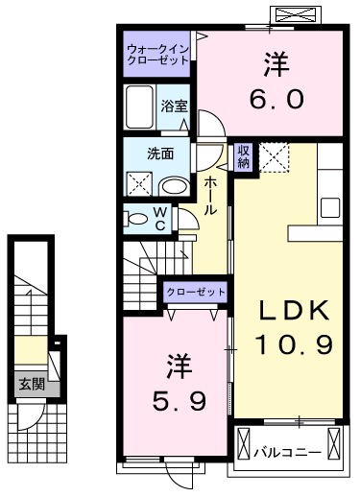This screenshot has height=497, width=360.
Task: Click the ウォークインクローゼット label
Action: click(x=157, y=55)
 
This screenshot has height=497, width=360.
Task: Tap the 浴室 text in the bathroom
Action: click(x=174, y=106)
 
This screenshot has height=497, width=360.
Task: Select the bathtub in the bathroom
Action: click(x=139, y=106)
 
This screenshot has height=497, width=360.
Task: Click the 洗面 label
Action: click(x=160, y=154)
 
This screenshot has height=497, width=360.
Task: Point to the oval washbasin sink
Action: click(x=174, y=186)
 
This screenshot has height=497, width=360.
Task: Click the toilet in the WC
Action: click(x=135, y=219)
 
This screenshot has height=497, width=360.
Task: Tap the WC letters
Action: click(x=160, y=219)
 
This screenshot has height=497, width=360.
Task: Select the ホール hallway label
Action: click(x=210, y=195)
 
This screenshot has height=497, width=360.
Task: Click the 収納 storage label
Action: click(x=243, y=156)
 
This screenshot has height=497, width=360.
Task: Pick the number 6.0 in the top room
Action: click(x=276, y=99)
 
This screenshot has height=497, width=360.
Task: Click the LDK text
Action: click(x=294, y=310)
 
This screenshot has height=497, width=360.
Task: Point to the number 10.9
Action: click(x=294, y=343)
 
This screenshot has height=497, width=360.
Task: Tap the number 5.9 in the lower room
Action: click(x=179, y=401)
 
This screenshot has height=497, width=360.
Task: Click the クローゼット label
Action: click(x=196, y=292)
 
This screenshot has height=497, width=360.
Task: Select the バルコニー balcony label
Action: click(x=287, y=452)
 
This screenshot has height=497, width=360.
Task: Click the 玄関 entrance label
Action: click(x=32, y=384)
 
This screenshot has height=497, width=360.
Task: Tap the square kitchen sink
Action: click(x=330, y=207)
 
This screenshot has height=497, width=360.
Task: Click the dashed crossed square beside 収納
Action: click(x=274, y=157)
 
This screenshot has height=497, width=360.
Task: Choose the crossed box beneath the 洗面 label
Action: click(x=139, y=183)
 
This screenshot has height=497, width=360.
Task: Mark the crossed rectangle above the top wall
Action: click(x=295, y=15)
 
